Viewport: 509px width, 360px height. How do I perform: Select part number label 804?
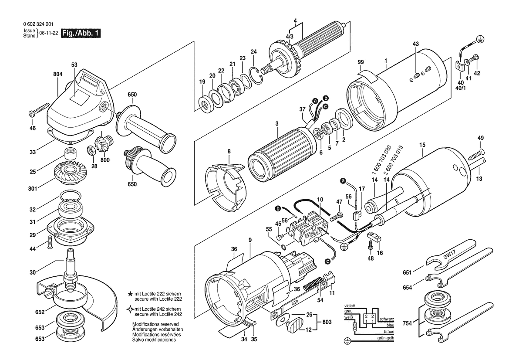(x=58, y=75)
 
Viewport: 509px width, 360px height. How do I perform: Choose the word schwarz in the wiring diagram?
(x=387, y=319)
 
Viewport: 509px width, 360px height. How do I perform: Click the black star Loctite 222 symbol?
(x=130, y=294)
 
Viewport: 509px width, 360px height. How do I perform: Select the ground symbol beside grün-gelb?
(x=347, y=341)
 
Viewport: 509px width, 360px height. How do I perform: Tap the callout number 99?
(x=361, y=62)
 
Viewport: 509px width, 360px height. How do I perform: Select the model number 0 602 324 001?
(x=38, y=24)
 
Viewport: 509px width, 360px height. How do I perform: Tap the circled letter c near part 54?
(x=328, y=261)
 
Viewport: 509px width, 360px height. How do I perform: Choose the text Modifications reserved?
(x=155, y=324)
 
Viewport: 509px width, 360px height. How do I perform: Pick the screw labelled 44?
(x=50, y=242)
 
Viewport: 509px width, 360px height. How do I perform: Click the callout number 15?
(x=422, y=145)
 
